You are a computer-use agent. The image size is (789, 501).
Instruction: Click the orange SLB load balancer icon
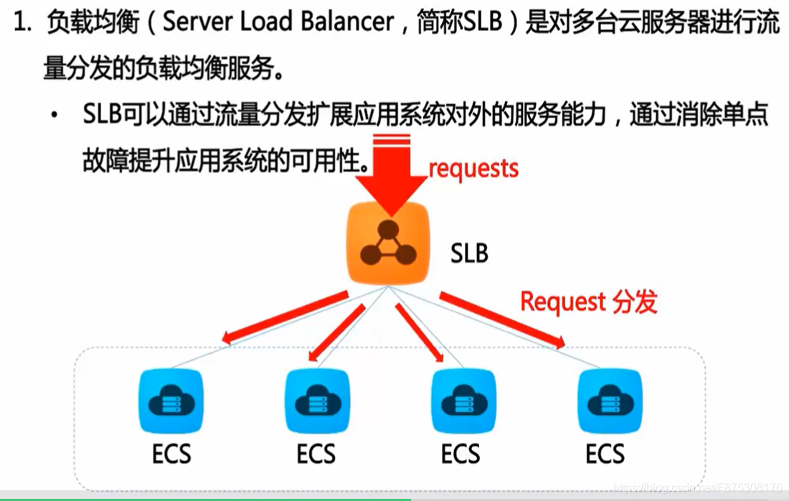[x=388, y=243]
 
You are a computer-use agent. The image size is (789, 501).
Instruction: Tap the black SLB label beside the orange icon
[x=469, y=253]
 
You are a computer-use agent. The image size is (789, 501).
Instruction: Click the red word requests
[x=473, y=168]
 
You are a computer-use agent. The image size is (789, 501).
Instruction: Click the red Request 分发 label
[x=588, y=301]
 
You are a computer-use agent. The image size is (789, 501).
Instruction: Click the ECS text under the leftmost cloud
[x=172, y=454]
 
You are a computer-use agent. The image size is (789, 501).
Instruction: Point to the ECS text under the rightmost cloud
[x=605, y=454]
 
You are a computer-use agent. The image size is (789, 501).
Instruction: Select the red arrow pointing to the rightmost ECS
[x=502, y=320]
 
